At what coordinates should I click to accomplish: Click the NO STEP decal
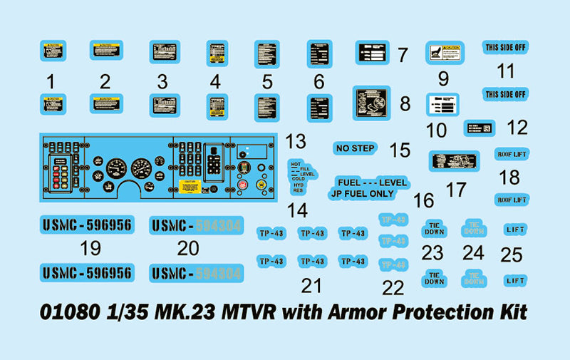tap(355, 148)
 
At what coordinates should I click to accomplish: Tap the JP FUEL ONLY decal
tap(361, 194)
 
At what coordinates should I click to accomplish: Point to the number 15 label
tap(400, 150)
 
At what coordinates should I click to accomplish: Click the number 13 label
tap(295, 140)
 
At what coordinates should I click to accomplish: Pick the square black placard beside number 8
tap(373, 103)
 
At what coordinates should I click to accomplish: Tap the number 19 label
tap(90, 248)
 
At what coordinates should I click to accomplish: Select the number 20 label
tap(188, 248)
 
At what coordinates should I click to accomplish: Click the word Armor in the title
tap(341, 312)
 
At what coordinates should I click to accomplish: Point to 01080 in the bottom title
tap(63, 312)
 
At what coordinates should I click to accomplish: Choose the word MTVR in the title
tap(245, 312)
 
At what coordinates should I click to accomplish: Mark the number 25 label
tap(512, 254)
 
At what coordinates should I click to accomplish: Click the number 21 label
tap(311, 286)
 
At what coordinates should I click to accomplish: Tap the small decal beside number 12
tap(479, 128)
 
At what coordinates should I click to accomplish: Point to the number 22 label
tap(393, 287)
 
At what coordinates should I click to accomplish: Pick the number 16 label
tap(424, 200)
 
